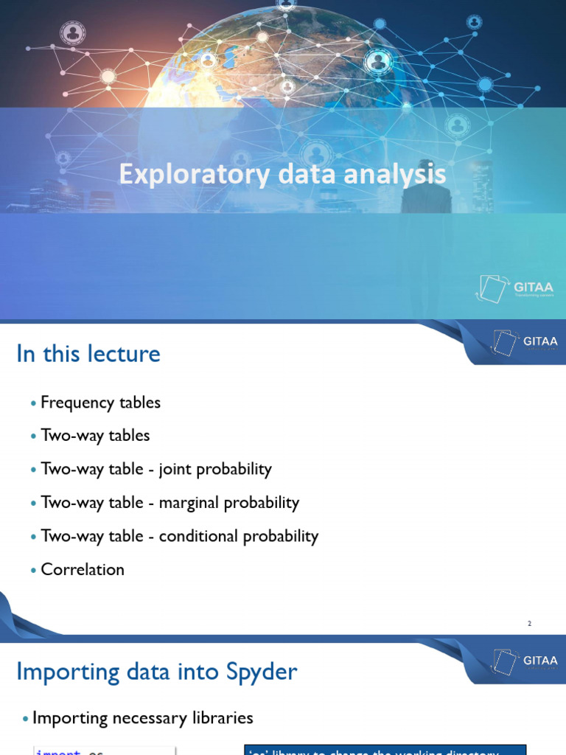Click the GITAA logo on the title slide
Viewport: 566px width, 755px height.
[515, 288]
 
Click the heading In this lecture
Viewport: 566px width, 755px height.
[88, 354]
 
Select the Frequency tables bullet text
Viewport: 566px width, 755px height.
[100, 403]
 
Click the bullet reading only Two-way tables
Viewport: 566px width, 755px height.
[95, 436]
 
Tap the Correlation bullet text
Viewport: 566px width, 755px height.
[83, 569]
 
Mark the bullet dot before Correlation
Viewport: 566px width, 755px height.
[33, 571]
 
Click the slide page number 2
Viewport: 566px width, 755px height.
[529, 624]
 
